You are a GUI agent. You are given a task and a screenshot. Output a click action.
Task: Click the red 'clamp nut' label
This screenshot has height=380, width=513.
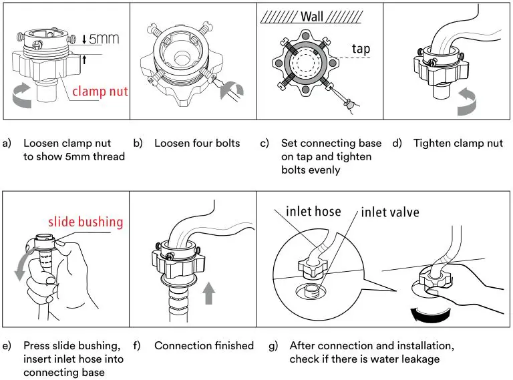(x=100, y=91)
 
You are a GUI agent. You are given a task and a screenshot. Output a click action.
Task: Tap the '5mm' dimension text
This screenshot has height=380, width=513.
(x=103, y=39)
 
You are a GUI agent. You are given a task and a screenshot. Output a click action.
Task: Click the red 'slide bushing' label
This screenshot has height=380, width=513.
(x=85, y=222)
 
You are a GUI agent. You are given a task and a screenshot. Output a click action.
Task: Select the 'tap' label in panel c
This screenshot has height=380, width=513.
(x=360, y=49)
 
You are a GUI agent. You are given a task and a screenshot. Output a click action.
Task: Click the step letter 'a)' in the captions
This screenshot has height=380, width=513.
(x=8, y=143)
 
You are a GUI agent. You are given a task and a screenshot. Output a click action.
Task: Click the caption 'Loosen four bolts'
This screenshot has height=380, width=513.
(x=197, y=143)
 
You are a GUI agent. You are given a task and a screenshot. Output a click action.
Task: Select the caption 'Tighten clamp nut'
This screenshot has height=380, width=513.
(x=458, y=143)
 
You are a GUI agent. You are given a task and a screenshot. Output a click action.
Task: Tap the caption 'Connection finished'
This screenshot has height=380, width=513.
(x=204, y=345)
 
